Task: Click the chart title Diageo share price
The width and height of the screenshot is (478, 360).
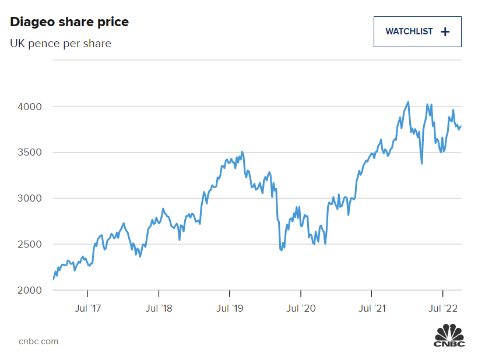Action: point(69,22)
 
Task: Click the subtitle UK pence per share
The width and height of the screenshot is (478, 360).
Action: point(61,44)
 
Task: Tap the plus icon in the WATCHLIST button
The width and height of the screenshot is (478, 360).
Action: point(445,31)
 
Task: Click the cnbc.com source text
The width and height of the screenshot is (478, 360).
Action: point(38,341)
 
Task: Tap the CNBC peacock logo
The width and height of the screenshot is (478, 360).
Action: point(449,337)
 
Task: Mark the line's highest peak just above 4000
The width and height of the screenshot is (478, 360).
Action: point(408,102)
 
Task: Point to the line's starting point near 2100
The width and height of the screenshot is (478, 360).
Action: point(53,280)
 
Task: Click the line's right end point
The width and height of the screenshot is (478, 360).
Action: point(461,126)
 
